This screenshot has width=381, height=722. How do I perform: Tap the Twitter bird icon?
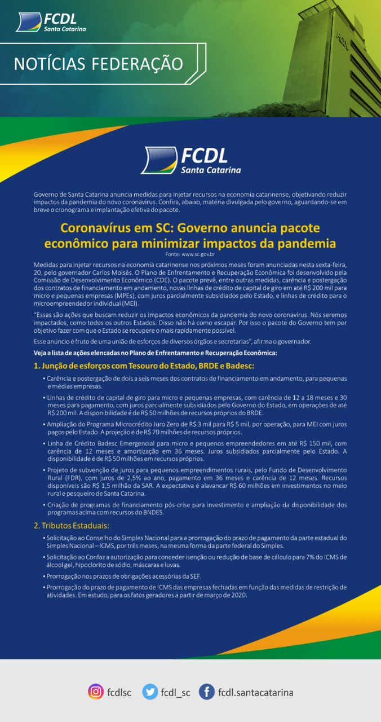pyautogui.click(x=150, y=692)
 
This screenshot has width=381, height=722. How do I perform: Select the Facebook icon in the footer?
pyautogui.click(x=207, y=692)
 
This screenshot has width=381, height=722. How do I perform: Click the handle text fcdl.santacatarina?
pyautogui.click(x=255, y=692)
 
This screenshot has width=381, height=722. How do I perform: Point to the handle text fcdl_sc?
pyautogui.click(x=175, y=692)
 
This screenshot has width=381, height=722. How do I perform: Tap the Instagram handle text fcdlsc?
pyautogui.click(x=119, y=692)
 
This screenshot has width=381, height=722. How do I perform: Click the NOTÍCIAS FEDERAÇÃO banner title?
pyautogui.click(x=98, y=64)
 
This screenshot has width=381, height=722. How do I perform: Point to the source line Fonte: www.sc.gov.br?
pyautogui.click(x=190, y=255)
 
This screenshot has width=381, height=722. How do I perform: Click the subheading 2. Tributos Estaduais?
pyautogui.click(x=71, y=526)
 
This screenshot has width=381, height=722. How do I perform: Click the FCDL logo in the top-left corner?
pyautogui.click(x=51, y=23)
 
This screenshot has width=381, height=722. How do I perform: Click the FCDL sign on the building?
pyautogui.click(x=343, y=39)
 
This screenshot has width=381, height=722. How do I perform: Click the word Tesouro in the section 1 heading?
pyautogui.click(x=131, y=366)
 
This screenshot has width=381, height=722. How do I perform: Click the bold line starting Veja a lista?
pyautogui.click(x=155, y=353)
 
